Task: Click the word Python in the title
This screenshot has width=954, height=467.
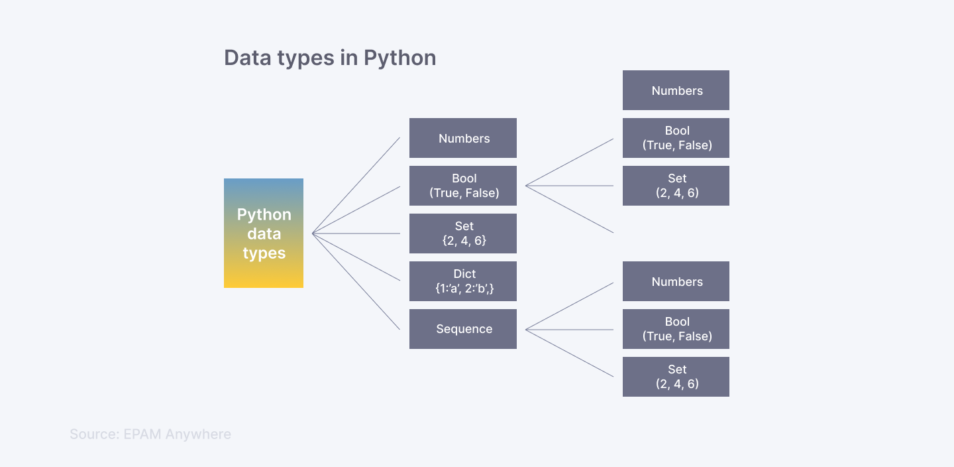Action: point(399,58)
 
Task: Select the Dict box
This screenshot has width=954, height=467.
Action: point(462,281)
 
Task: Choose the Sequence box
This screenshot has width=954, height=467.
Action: point(462,329)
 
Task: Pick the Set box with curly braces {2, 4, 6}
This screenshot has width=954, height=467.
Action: point(462,233)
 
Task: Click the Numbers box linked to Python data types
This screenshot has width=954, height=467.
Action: point(462,138)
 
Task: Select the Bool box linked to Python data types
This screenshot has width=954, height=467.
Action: point(462,186)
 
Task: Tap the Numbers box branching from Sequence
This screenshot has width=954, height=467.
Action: point(676,281)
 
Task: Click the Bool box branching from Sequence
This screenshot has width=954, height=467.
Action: point(676,329)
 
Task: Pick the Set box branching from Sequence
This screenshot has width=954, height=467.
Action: point(676,377)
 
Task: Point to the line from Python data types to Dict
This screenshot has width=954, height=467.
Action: point(356,257)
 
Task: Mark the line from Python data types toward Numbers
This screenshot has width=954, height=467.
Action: point(356,186)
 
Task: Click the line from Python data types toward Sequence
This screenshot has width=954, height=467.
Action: point(356,281)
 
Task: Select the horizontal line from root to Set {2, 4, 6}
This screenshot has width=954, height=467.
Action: point(356,233)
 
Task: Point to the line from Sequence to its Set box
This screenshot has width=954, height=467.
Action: point(570,354)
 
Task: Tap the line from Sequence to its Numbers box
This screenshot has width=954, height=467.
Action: point(570,306)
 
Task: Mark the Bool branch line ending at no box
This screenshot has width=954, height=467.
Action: point(570,210)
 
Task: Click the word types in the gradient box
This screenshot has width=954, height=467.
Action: point(264,253)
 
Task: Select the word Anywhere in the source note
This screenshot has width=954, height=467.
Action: point(198,434)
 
